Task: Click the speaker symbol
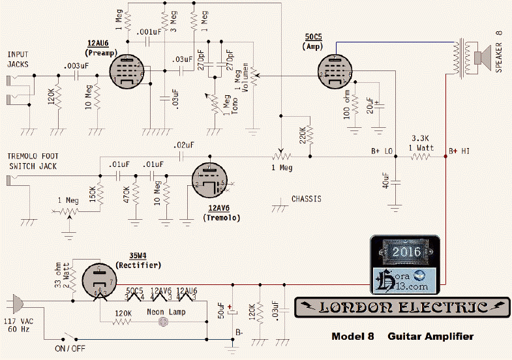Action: pyautogui.click(x=484, y=57)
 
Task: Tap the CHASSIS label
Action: pyautogui.click(x=306, y=199)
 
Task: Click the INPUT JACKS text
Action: pyautogui.click(x=19, y=59)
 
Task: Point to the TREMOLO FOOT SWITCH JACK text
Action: pyautogui.click(x=33, y=161)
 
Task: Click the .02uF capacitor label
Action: pyautogui.click(x=184, y=145)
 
